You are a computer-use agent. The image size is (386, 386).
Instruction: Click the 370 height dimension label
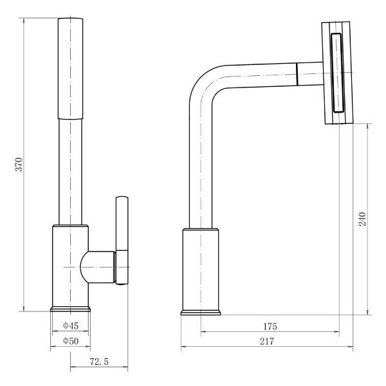[x=19, y=164]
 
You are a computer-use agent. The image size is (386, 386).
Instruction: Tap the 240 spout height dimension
[x=362, y=219]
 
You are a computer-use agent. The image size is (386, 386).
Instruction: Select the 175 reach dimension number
[x=270, y=326]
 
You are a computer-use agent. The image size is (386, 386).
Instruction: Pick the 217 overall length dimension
[x=267, y=342]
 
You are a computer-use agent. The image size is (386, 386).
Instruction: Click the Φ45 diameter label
[x=71, y=326]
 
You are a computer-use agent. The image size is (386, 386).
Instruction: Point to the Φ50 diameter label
[x=71, y=341]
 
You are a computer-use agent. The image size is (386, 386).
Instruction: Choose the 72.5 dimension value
[x=99, y=362]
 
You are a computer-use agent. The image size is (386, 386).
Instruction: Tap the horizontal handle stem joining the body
[x=98, y=267]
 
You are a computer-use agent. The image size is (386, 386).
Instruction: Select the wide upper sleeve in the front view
[x=70, y=68]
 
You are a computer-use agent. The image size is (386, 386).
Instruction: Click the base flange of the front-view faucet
[x=70, y=309]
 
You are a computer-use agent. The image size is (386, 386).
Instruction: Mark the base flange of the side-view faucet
[x=201, y=313]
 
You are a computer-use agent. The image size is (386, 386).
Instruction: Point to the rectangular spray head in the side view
[x=338, y=73]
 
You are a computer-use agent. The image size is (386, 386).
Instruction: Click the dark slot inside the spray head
[x=336, y=73]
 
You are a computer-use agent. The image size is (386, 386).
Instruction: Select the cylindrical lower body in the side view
[x=201, y=270]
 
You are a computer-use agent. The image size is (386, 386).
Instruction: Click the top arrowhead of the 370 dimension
[x=24, y=20]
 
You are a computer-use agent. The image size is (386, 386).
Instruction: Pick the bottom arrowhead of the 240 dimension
[x=368, y=312]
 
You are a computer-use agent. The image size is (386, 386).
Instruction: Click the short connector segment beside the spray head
[x=309, y=73]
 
